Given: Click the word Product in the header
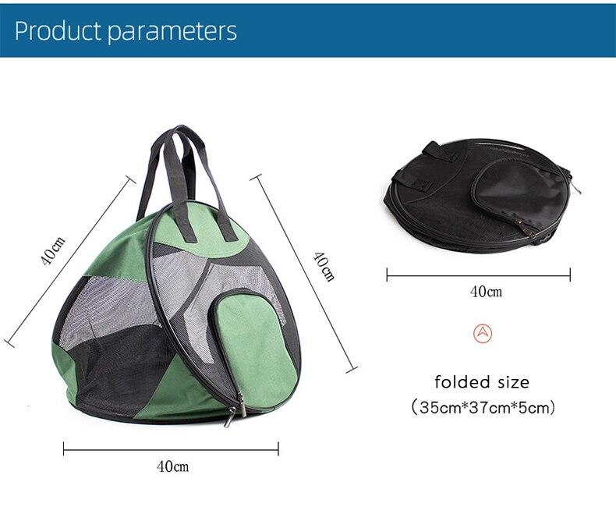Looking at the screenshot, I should [x=58, y=30].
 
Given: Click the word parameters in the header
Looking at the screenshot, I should [x=172, y=31].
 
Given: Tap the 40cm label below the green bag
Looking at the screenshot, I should [x=172, y=467].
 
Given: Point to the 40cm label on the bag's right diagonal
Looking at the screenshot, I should [x=323, y=266].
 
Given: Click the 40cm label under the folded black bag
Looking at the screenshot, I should [x=486, y=292].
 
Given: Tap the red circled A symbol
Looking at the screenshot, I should [x=483, y=333].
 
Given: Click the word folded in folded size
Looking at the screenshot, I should [x=462, y=382].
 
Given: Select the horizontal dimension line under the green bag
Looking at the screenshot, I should [x=171, y=448].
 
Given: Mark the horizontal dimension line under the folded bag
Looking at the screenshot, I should [x=478, y=274].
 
